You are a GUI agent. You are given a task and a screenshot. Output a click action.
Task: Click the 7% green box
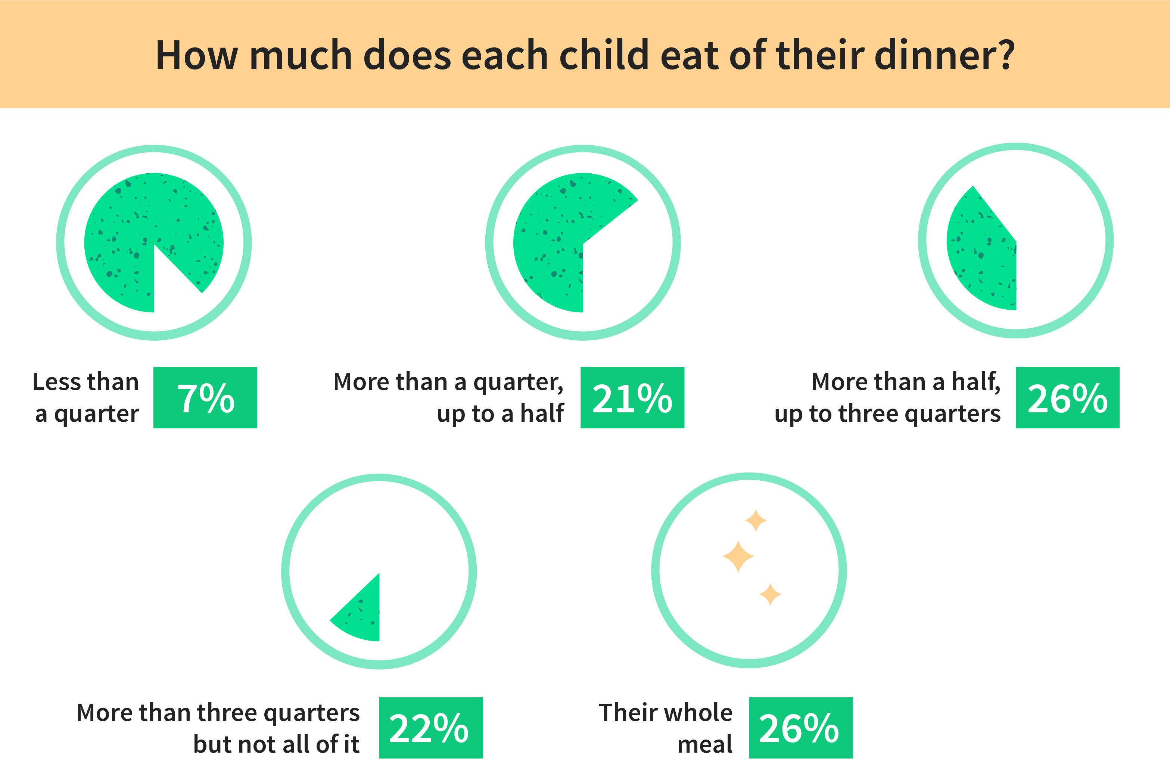pyautogui.click(x=205, y=397)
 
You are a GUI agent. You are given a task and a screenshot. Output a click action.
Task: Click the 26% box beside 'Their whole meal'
pyautogui.click(x=800, y=728)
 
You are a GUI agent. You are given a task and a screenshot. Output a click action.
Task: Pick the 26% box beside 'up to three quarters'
pyautogui.click(x=1067, y=397)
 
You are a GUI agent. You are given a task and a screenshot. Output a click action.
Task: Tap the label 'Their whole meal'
pyautogui.click(x=665, y=728)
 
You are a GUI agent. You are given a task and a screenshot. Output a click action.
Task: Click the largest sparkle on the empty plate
pyautogui.click(x=738, y=557)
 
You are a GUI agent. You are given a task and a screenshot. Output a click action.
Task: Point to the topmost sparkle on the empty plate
pyautogui.click(x=755, y=521)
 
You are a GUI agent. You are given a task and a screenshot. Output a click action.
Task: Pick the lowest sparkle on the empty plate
pyautogui.click(x=770, y=594)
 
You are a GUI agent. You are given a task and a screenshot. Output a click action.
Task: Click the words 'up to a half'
pyautogui.click(x=500, y=413)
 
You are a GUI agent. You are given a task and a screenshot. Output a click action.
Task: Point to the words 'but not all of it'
pyautogui.click(x=276, y=744)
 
